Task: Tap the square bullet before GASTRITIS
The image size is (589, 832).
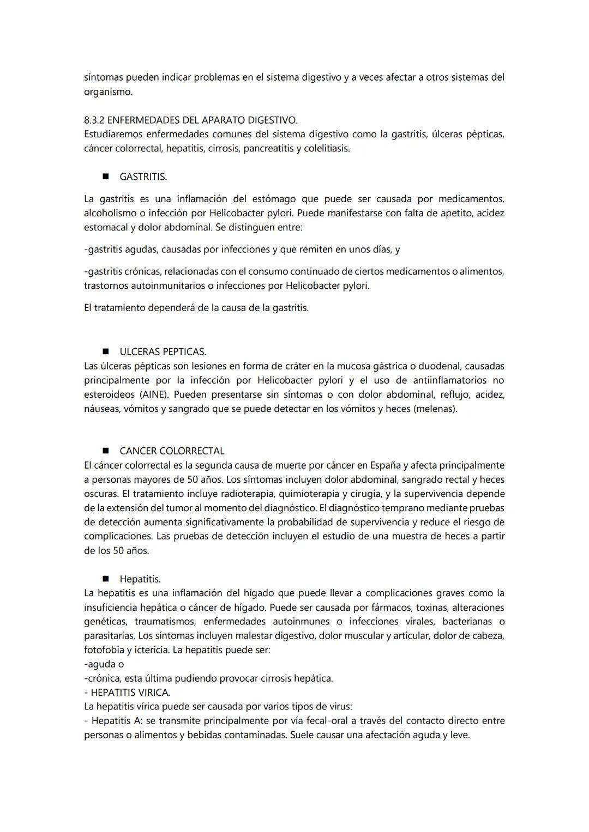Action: [x=105, y=177]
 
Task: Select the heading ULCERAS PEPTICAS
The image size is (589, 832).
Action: [x=163, y=352]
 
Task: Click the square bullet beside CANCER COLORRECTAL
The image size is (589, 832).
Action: [x=105, y=451]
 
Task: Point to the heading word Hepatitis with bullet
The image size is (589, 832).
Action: [x=140, y=579]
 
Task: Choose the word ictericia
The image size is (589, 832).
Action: [x=148, y=650]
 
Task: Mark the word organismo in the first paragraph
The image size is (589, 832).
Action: [x=108, y=92]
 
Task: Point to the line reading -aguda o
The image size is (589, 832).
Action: [x=104, y=664]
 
